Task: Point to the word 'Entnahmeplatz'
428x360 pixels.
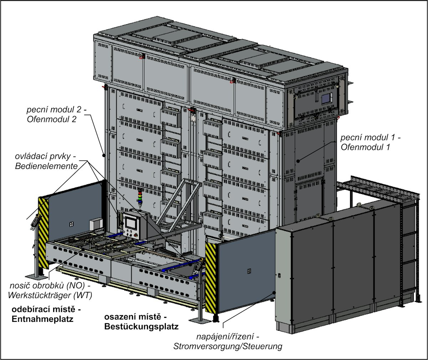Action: (x=42, y=319)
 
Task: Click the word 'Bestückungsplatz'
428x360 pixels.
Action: (x=141, y=326)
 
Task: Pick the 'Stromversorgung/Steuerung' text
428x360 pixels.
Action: (x=227, y=346)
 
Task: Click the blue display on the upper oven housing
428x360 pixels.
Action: (x=326, y=99)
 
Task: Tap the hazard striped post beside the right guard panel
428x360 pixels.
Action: (x=211, y=277)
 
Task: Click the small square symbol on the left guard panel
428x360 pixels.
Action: (x=72, y=223)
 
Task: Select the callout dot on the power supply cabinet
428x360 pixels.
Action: (x=274, y=292)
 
